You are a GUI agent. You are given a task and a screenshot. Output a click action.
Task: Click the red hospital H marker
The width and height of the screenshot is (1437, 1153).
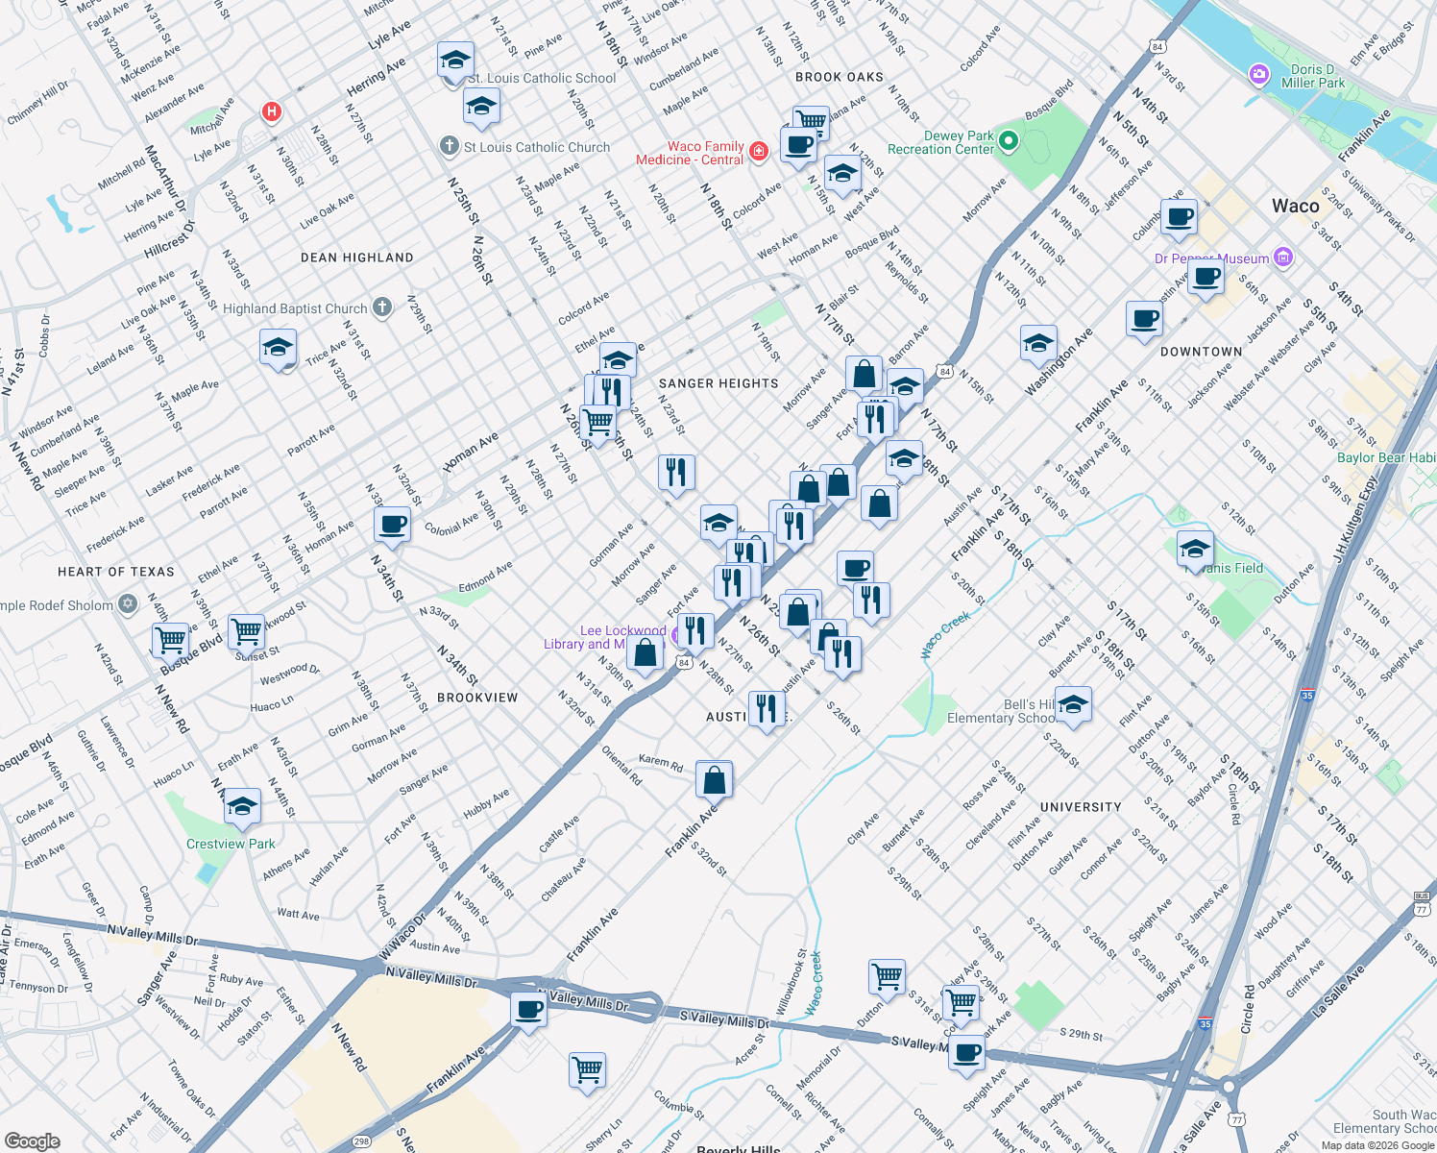pos(272,112)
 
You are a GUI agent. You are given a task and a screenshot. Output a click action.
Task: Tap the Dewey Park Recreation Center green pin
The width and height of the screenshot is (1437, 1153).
pos(1008,142)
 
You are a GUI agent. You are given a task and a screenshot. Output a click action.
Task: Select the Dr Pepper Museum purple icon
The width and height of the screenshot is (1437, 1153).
pos(1283,258)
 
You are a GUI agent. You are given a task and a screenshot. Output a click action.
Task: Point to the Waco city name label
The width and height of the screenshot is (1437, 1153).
pos(1295,206)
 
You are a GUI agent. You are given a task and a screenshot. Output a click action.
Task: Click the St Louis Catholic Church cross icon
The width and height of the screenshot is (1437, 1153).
pos(449,146)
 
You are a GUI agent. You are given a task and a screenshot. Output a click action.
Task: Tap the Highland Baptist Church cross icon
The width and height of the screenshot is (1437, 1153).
pos(382,307)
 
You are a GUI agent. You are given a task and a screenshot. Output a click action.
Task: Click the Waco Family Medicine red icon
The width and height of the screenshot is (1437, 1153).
pos(758,151)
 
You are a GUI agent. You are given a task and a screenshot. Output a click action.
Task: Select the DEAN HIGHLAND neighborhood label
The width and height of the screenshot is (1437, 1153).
pos(356,258)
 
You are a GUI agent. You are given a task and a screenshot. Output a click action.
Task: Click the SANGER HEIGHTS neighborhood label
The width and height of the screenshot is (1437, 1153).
pos(718,383)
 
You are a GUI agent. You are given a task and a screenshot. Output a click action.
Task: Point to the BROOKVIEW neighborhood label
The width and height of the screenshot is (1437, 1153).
pos(477,698)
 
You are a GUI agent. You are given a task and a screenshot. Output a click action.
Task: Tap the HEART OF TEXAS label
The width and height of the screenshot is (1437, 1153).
pos(116,572)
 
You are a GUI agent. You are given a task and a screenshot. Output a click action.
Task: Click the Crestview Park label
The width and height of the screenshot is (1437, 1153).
pos(231,844)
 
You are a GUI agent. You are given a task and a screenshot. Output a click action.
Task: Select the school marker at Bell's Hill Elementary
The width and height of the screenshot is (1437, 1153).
pos(1073,704)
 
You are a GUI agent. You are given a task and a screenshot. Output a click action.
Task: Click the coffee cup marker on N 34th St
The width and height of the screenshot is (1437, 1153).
pos(392,525)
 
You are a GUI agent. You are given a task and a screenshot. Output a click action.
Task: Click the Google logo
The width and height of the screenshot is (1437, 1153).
pos(32,1141)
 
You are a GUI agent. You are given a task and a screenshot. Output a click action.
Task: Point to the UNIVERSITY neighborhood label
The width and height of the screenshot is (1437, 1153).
pos(1081,807)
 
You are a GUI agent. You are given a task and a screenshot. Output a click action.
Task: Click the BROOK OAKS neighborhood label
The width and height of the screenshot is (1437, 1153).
pos(839,77)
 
